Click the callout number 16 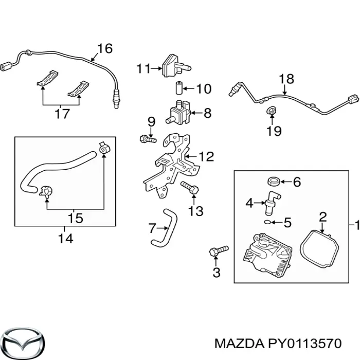click(x=104, y=49)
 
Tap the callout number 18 click(x=286, y=79)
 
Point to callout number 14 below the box click(x=65, y=238)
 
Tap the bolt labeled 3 click(x=218, y=251)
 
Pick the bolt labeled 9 click(x=148, y=138)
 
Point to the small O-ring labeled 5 click(x=265, y=222)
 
